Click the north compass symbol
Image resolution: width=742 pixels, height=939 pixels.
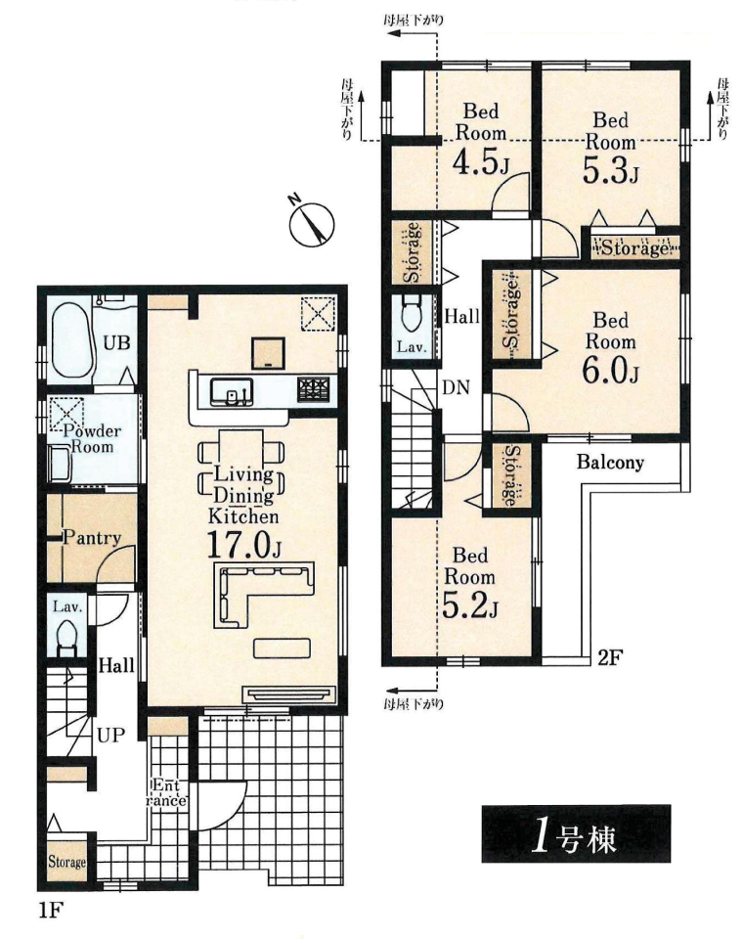tap(311, 222)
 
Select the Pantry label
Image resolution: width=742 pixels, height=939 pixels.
tap(92, 538)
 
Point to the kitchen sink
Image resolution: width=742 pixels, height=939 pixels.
tap(232, 391)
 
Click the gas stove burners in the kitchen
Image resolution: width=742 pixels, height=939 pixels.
tap(314, 388)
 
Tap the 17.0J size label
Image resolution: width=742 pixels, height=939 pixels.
tap(243, 545)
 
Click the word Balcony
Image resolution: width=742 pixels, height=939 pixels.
tap(610, 462)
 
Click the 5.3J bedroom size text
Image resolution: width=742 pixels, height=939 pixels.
tap(610, 170)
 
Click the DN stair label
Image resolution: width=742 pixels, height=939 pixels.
tap(456, 387)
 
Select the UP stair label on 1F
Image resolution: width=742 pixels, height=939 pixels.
tap(111, 735)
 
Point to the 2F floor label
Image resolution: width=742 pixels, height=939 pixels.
tap(611, 657)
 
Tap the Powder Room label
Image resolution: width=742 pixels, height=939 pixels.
tap(92, 439)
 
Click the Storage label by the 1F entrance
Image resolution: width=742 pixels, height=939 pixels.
tap(66, 862)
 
